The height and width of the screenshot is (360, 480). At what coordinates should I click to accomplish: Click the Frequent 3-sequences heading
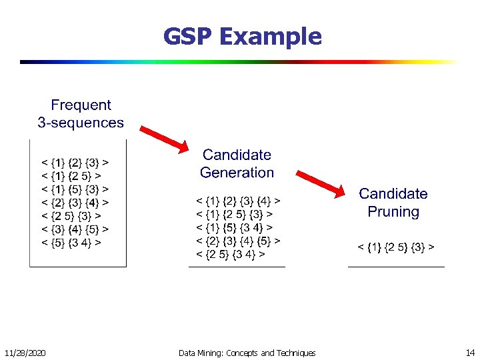pos(81,113)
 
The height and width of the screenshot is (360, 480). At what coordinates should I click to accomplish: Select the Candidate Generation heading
pos(237,163)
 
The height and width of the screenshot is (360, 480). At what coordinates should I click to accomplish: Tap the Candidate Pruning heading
pos(393,203)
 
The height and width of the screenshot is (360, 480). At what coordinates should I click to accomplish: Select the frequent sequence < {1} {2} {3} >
pos(76,162)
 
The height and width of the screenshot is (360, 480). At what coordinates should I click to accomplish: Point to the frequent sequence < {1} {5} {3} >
pos(76,189)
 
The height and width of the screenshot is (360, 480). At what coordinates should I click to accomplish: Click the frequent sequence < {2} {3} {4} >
pos(76,203)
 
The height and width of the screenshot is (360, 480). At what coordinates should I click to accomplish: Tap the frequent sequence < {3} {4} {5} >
pos(76,229)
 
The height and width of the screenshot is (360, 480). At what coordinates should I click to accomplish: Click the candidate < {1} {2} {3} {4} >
pos(238,200)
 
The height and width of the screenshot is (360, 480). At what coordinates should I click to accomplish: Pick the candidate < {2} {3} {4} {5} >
pos(238,241)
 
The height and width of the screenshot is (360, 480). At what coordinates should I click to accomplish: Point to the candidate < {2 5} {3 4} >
pos(230,254)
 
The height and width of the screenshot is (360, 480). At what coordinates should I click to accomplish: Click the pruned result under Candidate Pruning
pos(396,247)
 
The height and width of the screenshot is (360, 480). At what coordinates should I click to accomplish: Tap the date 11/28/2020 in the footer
pos(25,353)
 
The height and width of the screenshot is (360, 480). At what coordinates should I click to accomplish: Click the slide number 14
pos(470,353)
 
